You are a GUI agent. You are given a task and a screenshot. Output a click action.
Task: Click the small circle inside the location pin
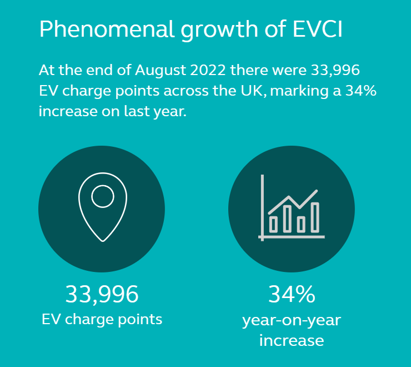(x=102, y=196)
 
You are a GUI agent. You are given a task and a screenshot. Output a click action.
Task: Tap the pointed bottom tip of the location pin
(x=103, y=240)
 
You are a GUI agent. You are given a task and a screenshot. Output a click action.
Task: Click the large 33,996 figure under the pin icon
(x=102, y=294)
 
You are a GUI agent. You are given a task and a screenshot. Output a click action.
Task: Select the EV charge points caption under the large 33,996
(x=102, y=320)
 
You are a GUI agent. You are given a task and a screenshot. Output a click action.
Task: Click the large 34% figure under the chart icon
(x=292, y=294)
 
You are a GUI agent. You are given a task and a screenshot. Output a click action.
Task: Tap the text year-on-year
(x=292, y=320)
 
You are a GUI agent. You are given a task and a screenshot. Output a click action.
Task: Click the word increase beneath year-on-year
(x=292, y=340)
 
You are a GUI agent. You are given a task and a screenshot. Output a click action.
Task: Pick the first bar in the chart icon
(x=273, y=224)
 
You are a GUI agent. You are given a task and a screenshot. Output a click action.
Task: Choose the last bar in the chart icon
(x=315, y=217)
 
